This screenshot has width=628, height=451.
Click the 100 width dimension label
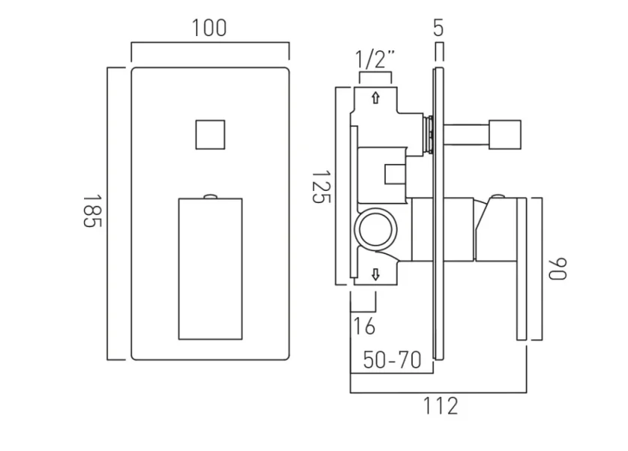click(209, 29)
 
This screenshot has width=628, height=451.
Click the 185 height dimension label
click(92, 213)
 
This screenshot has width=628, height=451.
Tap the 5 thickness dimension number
click(439, 29)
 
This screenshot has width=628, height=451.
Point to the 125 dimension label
click(320, 186)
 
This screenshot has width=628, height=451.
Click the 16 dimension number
click(364, 327)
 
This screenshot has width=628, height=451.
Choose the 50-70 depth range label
click(392, 359)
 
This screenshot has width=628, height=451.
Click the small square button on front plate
click(210, 135)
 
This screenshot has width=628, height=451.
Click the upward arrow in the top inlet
click(375, 98)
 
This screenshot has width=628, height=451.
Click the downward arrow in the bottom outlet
click(375, 275)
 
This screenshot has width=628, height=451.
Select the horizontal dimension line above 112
click(439, 392)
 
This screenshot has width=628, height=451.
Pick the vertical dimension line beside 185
click(109, 213)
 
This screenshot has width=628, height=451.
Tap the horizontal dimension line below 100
click(210, 44)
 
